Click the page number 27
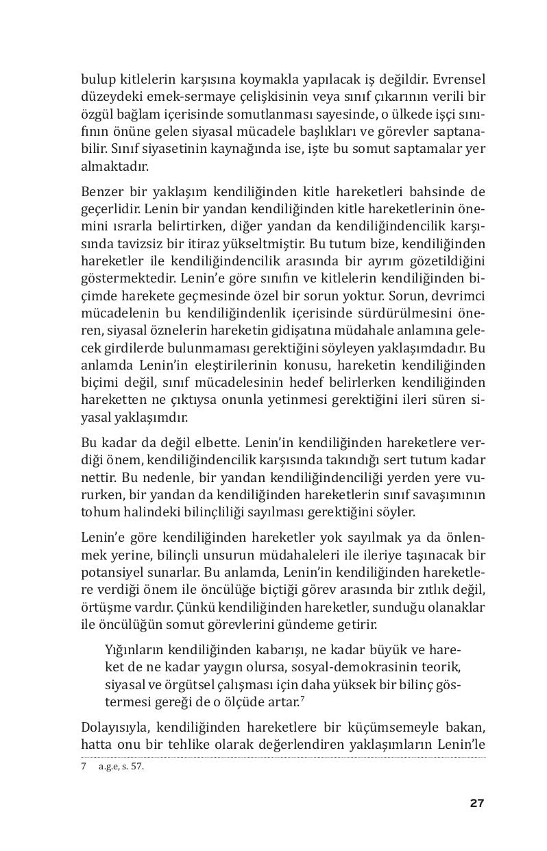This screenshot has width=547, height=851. pyautogui.click(x=476, y=803)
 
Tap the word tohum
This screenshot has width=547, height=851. pyautogui.click(x=97, y=512)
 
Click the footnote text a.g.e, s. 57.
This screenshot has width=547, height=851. pyautogui.click(x=121, y=767)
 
